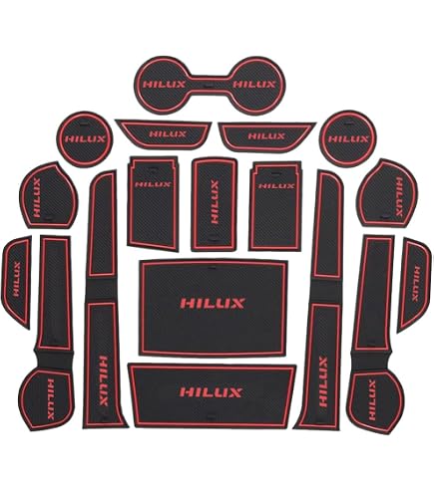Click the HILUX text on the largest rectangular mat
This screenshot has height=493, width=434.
(x=213, y=303)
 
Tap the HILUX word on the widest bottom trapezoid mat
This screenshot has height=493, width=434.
(x=211, y=392)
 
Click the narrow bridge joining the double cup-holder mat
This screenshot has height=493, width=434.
(x=210, y=83)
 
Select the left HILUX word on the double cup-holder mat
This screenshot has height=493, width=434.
(x=165, y=84)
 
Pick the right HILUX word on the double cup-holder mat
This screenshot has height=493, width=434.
(x=254, y=85)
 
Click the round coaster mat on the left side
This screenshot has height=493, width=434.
(x=85, y=139)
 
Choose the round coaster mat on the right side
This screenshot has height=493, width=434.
(x=348, y=138)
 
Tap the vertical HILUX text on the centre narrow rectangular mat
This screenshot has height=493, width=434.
(x=215, y=202)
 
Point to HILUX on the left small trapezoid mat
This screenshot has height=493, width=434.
(x=168, y=134)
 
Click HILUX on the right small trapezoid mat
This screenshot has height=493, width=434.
(x=266, y=136)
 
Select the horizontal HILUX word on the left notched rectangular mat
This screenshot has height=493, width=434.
(x=153, y=184)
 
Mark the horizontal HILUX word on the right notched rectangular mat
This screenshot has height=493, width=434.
(x=276, y=185)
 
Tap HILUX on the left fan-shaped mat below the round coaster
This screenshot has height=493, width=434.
(x=37, y=197)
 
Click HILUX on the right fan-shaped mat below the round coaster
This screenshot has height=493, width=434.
(x=398, y=196)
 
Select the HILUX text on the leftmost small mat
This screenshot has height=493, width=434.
(x=17, y=279)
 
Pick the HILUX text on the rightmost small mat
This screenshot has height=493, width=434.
(x=416, y=283)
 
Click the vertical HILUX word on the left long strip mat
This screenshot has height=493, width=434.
(x=104, y=380)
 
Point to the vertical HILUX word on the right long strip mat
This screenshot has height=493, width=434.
(x=323, y=381)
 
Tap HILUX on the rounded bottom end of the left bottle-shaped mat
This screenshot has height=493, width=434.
(x=51, y=399)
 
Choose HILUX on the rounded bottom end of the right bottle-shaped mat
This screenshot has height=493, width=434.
(x=372, y=400)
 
